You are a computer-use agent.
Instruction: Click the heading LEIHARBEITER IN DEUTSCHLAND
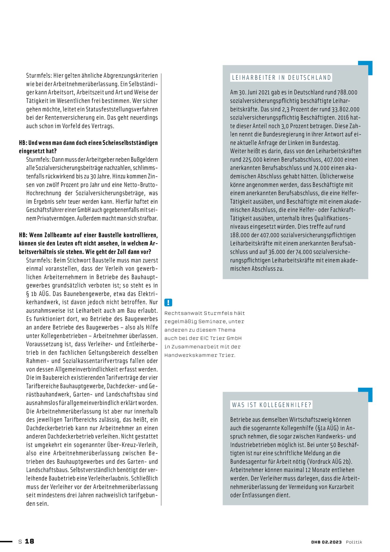(281, 78)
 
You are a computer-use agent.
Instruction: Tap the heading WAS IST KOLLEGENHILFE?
(271, 405)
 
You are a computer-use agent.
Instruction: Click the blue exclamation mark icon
(168, 302)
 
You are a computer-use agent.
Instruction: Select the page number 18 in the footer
(29, 541)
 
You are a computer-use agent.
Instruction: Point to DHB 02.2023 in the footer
(326, 542)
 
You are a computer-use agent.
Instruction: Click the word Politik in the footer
(354, 542)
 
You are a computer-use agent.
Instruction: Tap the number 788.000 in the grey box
(347, 92)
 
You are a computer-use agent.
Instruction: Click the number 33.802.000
(346, 109)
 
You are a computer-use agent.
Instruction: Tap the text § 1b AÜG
(36, 294)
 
